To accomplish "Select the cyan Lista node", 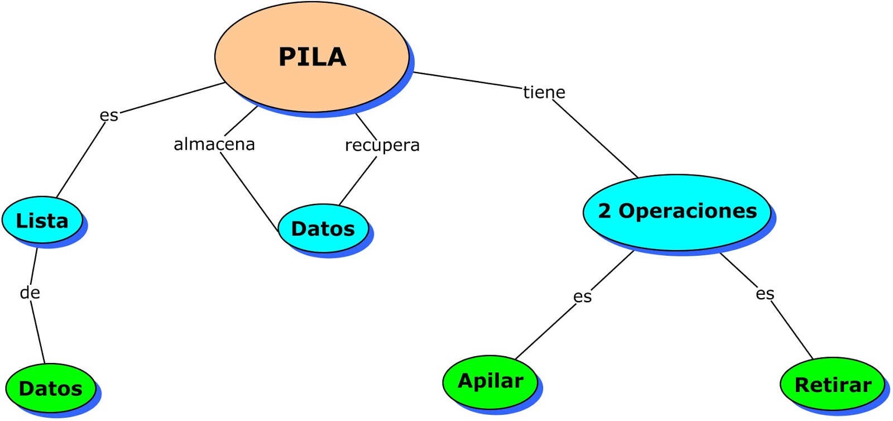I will (42, 220).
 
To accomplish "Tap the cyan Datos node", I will (323, 228).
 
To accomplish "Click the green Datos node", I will (50, 388).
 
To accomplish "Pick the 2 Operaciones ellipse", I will (677, 212).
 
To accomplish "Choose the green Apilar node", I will (490, 381).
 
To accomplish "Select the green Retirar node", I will (832, 385).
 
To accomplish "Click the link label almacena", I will (214, 144).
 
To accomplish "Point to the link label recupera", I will (382, 145).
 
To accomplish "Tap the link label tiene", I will (544, 92).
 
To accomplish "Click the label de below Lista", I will (30, 293).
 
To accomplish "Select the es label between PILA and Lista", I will (109, 115).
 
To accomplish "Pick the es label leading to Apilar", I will (582, 296).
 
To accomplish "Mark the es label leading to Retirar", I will (765, 294).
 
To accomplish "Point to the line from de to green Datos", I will (38, 333).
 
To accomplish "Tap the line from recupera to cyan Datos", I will (358, 181).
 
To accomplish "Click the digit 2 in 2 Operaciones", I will (604, 211).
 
